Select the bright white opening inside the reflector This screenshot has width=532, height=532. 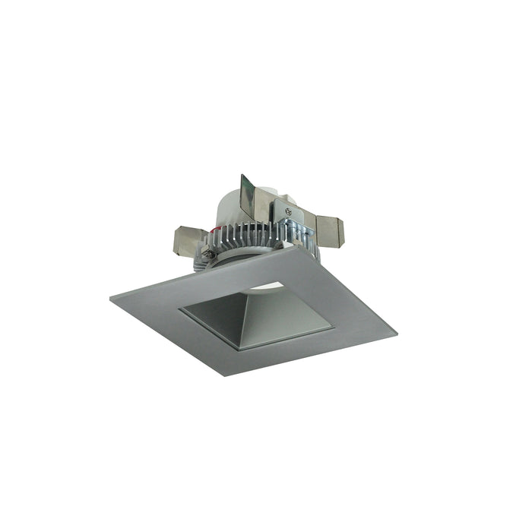pyautogui.click(x=271, y=287)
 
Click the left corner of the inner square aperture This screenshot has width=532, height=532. pyautogui.click(x=179, y=310)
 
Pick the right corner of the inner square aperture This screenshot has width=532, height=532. pyautogui.click(x=333, y=328)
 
